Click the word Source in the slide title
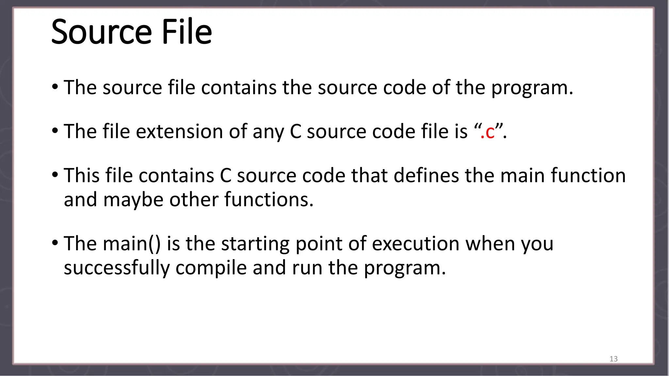pos(102,32)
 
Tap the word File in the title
pos(187,32)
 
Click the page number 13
pos(613,359)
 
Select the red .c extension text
pos(487,132)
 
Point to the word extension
pos(179,132)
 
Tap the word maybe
pos(133,200)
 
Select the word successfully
pos(117,268)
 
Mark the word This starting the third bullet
pos(81,176)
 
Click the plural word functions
pos(269,200)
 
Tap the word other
pos(194,200)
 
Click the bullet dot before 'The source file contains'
pos(55,87)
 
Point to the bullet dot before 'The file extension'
pos(55,131)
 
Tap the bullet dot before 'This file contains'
pos(55,175)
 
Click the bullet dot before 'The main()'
pos(55,243)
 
